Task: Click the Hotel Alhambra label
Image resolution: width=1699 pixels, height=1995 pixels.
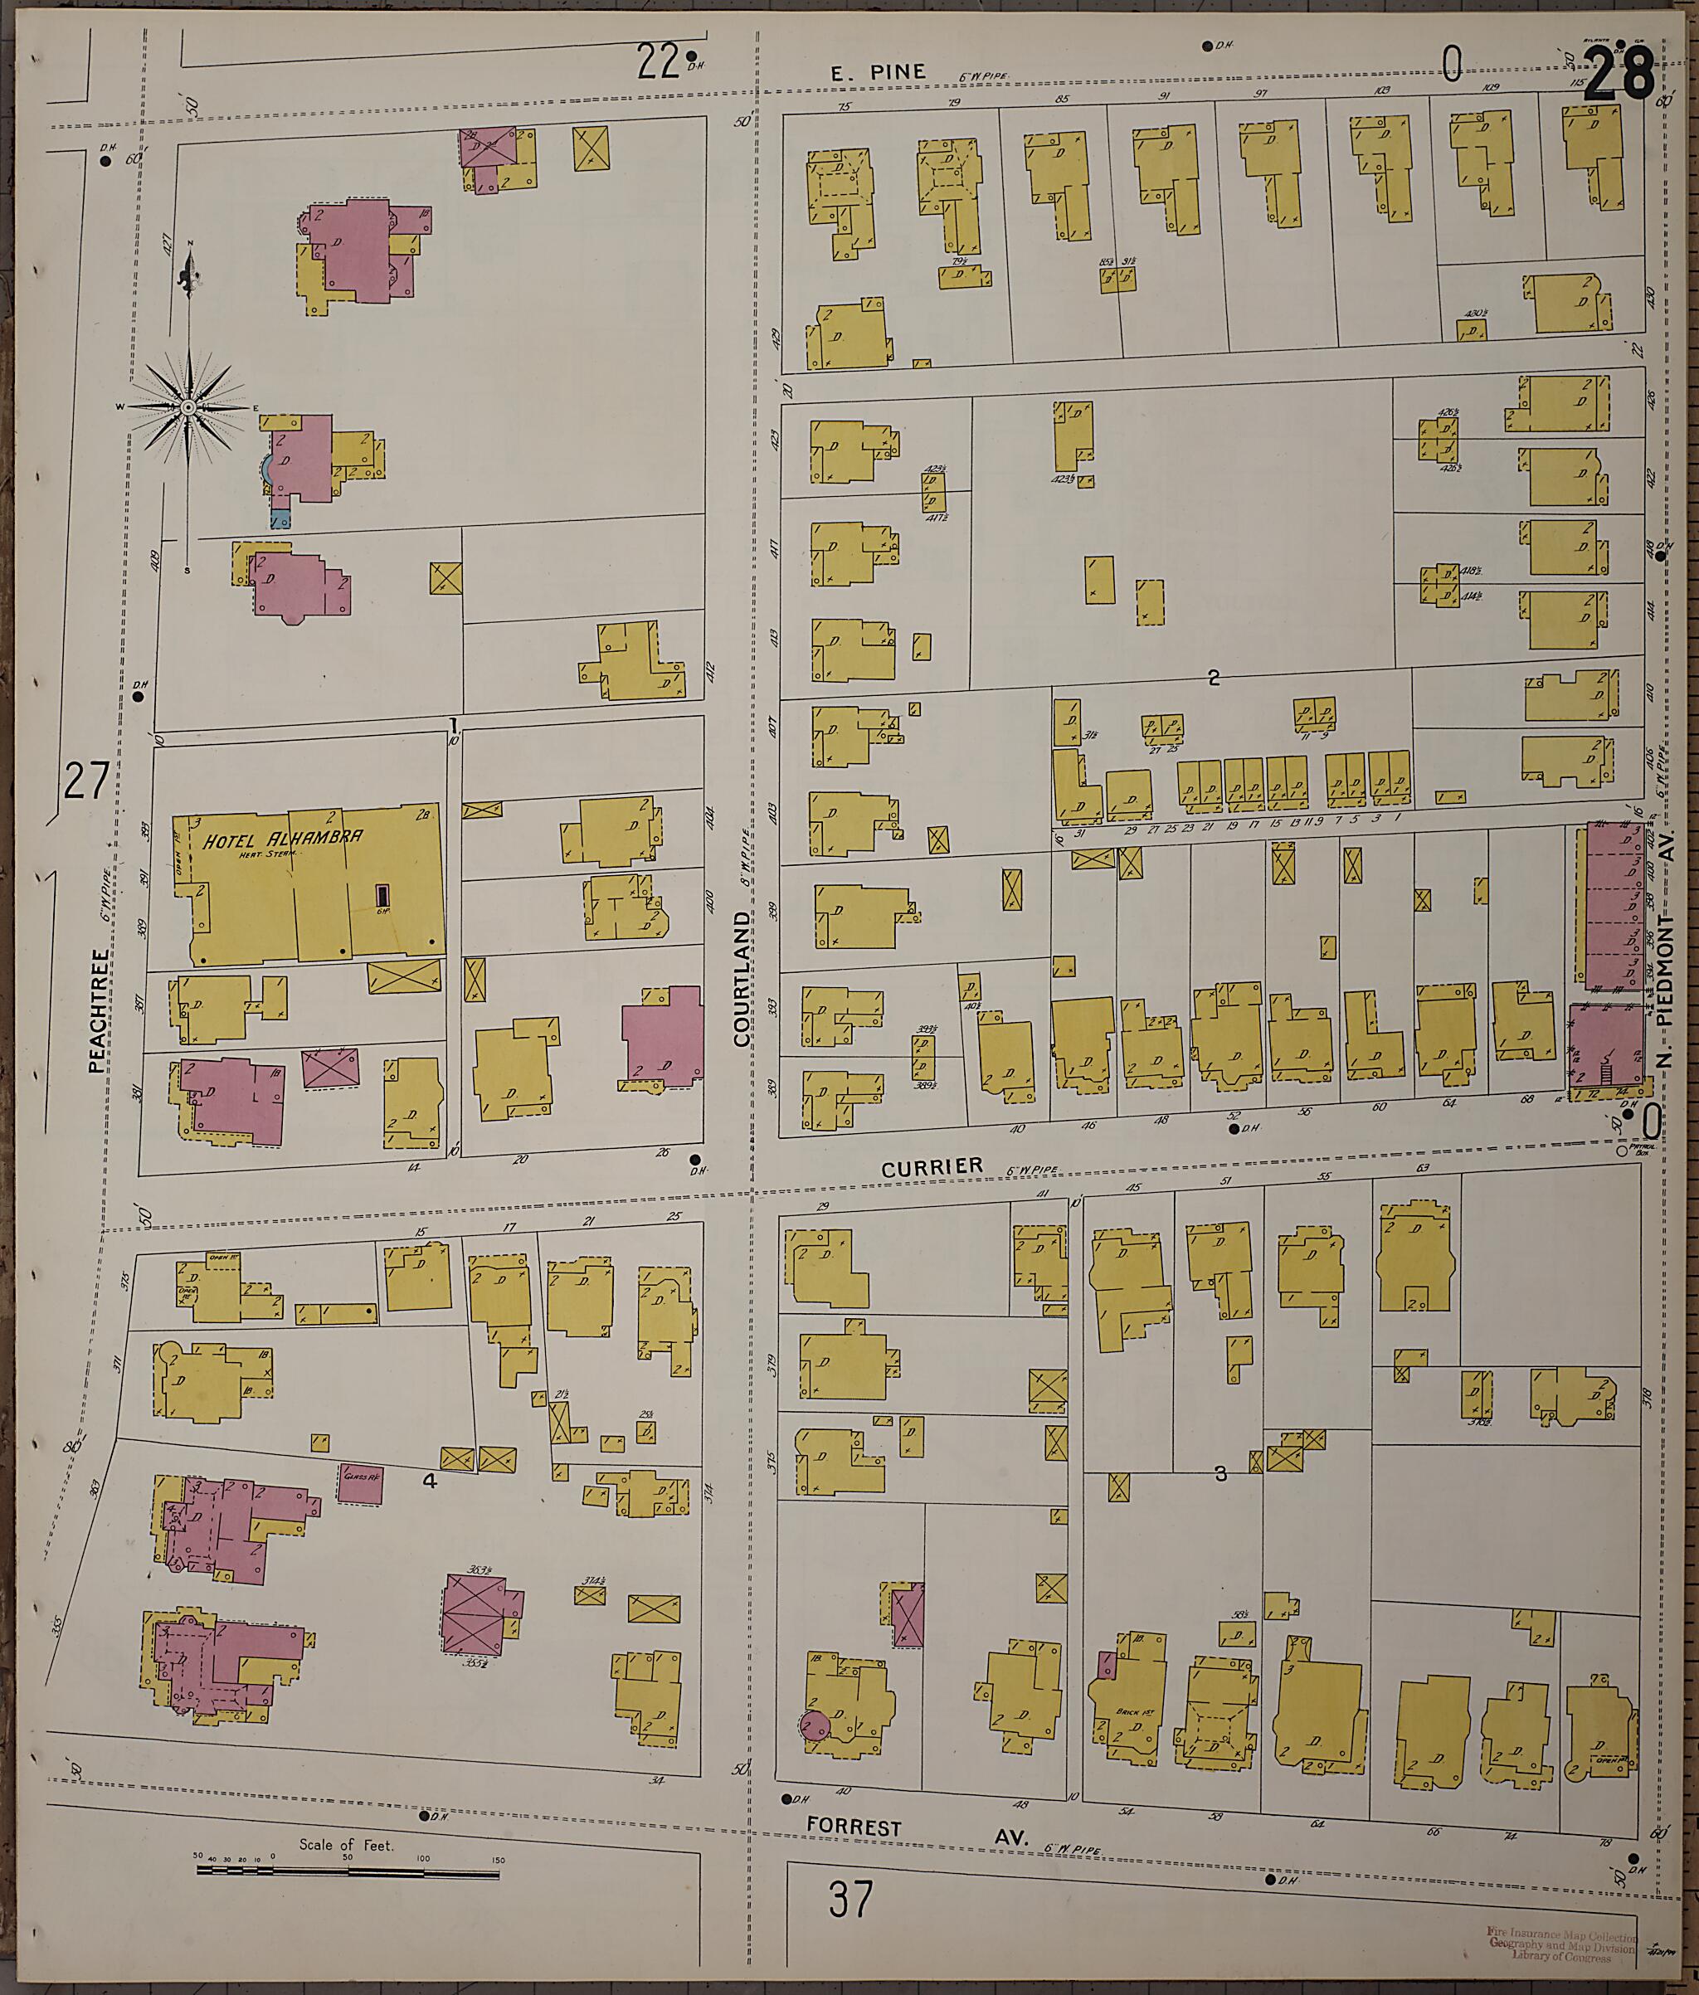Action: pos(282,838)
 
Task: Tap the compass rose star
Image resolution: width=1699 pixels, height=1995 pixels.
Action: pos(189,408)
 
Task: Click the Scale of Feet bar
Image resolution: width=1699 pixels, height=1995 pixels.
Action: pos(348,1871)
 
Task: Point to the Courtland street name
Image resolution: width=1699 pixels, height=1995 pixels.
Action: pos(741,979)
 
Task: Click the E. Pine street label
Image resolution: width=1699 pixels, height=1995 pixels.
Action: pos(879,72)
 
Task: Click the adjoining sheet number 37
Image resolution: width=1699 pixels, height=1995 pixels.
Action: pos(850,1900)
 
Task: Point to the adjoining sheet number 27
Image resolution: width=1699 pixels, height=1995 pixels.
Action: pos(85,780)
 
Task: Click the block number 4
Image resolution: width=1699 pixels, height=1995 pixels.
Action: pos(430,1481)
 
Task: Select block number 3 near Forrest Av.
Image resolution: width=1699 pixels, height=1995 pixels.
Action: pos(1220,1473)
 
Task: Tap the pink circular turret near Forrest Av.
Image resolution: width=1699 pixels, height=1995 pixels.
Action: pos(815,1725)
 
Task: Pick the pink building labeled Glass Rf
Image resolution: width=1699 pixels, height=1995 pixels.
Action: pos(360,1484)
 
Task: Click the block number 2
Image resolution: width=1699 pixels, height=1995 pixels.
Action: pos(1214,678)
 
